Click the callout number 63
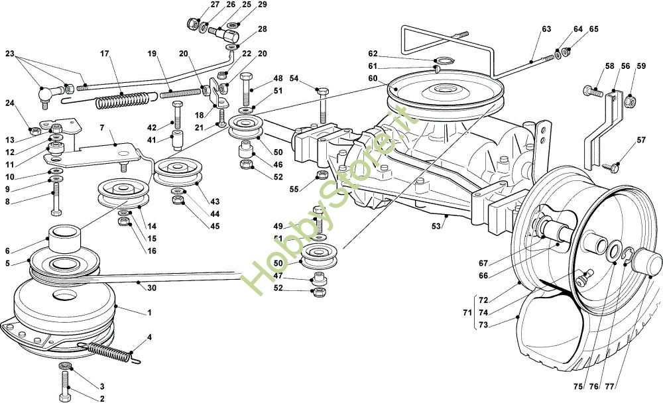click(x=546, y=29)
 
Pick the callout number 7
click(x=102, y=127)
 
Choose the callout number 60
click(x=373, y=78)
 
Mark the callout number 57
click(x=641, y=140)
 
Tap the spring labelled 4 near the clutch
click(x=109, y=351)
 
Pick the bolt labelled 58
click(x=593, y=92)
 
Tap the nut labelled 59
click(x=631, y=101)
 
